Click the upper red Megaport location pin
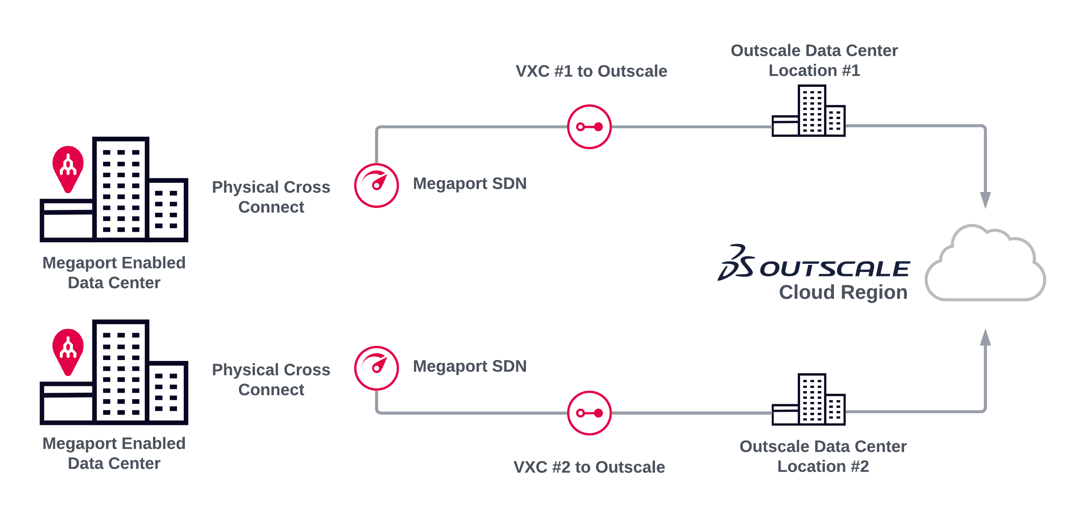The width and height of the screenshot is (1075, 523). tap(68, 167)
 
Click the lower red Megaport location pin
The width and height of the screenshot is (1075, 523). tap(68, 350)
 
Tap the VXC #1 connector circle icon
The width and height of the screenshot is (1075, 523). tap(589, 127)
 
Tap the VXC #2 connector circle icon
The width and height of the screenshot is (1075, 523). tap(589, 413)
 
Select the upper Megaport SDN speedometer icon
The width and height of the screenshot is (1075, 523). tap(377, 185)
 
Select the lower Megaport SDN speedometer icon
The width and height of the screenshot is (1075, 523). tap(377, 368)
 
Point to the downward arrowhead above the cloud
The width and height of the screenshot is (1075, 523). tap(985, 200)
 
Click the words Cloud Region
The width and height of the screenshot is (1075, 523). tap(843, 292)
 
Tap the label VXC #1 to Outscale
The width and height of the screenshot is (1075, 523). tap(591, 71)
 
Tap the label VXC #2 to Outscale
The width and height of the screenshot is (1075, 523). tap(589, 467)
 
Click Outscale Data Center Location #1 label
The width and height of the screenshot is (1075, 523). tap(814, 61)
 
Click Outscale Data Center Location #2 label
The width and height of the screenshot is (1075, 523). tap(822, 456)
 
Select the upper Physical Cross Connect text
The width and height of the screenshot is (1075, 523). tap(271, 197)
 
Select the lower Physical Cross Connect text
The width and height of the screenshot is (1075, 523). tap(271, 380)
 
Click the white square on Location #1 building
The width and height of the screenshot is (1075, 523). tap(784, 100)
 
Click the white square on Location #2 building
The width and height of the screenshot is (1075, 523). tap(785, 389)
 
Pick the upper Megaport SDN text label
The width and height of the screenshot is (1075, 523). tap(469, 184)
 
